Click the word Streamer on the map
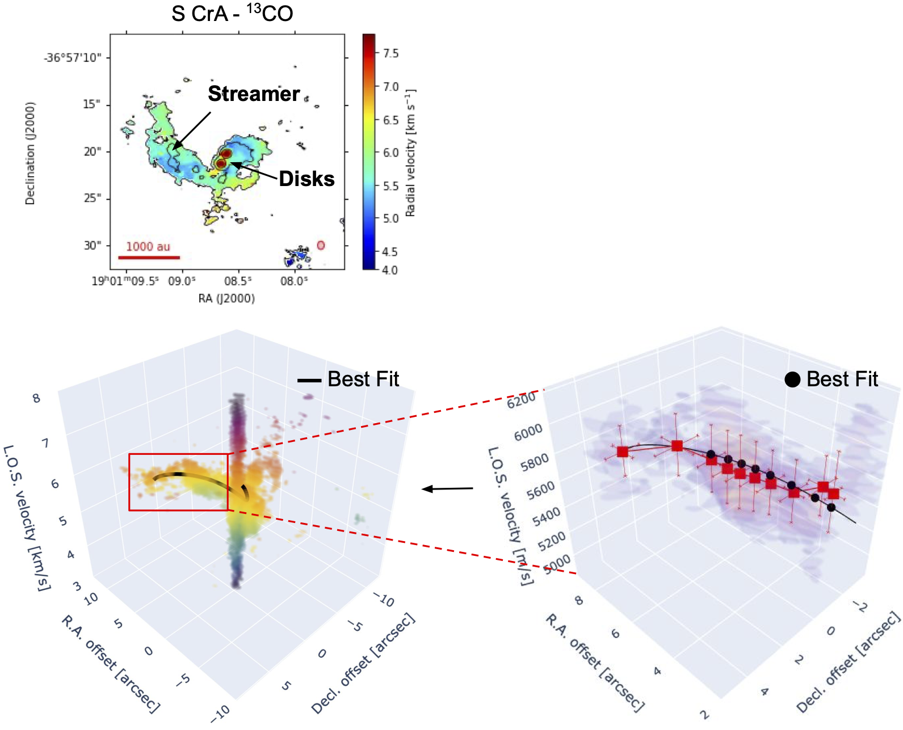254,94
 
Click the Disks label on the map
306,179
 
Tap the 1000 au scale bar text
148,247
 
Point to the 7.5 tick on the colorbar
390,53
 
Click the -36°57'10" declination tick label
73,58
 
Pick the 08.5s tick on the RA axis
238,281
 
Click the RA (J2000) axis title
226,298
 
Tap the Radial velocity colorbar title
410,153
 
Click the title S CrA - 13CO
232,14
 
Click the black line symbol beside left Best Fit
309,381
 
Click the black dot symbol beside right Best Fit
792,379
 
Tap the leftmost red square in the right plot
623,451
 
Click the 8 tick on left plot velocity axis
37,398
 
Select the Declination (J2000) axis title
30,153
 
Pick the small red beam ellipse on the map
321,245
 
